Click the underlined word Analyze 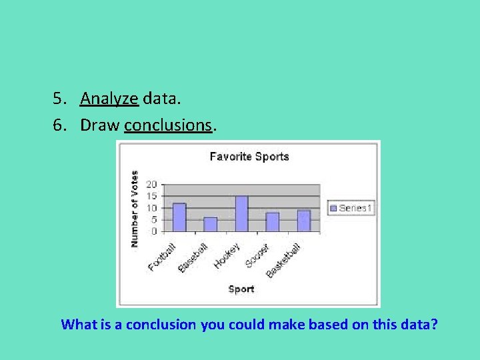tap(109, 99)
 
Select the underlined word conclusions tap(168, 125)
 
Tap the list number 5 tap(59, 99)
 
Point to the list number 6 tap(59, 125)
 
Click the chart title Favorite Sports tap(249, 157)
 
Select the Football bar tap(179, 217)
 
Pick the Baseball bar tap(210, 225)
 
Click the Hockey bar tap(241, 214)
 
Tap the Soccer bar tap(272, 222)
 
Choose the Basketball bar tap(303, 221)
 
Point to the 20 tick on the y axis tap(151, 185)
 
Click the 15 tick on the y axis tap(151, 197)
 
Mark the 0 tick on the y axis tap(154, 231)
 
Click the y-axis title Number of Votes tap(135, 209)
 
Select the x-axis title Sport tap(241, 289)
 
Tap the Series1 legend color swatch tap(333, 209)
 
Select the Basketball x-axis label tap(284, 260)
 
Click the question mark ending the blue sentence tap(434, 325)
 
